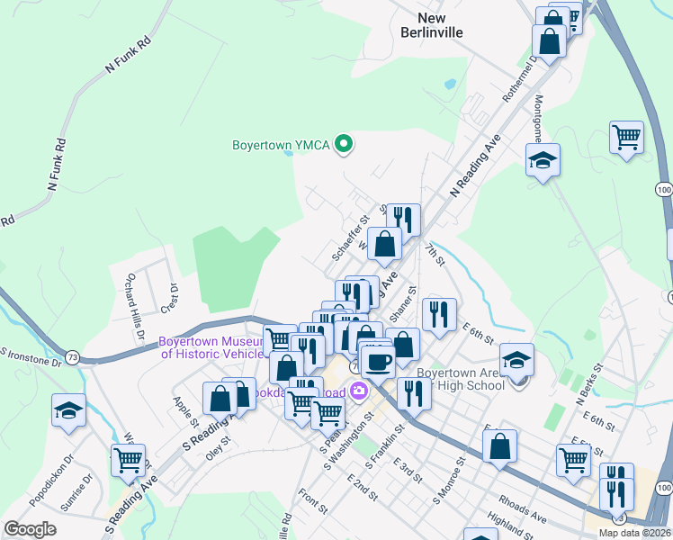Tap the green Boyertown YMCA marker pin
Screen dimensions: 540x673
tap(343, 143)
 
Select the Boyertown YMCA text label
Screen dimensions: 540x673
tap(280, 144)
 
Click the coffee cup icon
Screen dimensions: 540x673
tap(378, 361)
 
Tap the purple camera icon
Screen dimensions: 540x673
tap(359, 390)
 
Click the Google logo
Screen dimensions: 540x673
tap(30, 529)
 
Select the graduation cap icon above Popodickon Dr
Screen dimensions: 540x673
tap(69, 412)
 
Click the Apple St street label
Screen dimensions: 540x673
tap(186, 410)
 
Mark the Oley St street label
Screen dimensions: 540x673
tap(218, 447)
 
